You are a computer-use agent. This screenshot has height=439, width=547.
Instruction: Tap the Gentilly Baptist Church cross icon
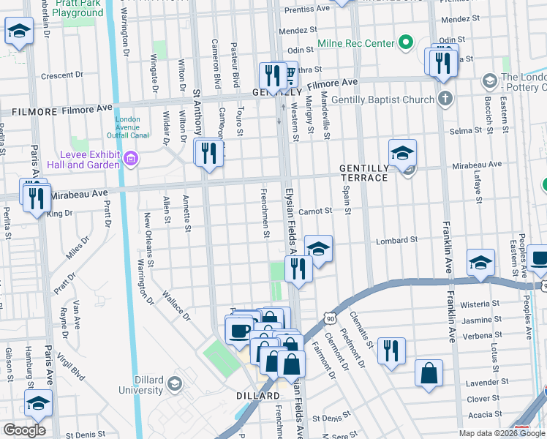(445, 99)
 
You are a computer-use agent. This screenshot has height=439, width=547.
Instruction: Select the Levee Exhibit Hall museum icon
(131, 159)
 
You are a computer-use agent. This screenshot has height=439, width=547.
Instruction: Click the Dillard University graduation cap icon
(175, 383)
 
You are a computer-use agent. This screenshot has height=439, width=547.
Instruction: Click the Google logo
(24, 429)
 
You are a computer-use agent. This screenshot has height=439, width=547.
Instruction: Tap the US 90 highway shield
(331, 319)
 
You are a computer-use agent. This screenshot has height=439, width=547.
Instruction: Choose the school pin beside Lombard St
(318, 249)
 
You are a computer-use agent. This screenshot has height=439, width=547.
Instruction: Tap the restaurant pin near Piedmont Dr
(392, 350)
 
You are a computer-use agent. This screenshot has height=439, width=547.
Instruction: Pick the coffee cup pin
(239, 330)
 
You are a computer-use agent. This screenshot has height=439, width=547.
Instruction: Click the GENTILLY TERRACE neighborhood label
(363, 173)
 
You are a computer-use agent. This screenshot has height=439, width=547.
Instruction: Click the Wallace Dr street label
(176, 307)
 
